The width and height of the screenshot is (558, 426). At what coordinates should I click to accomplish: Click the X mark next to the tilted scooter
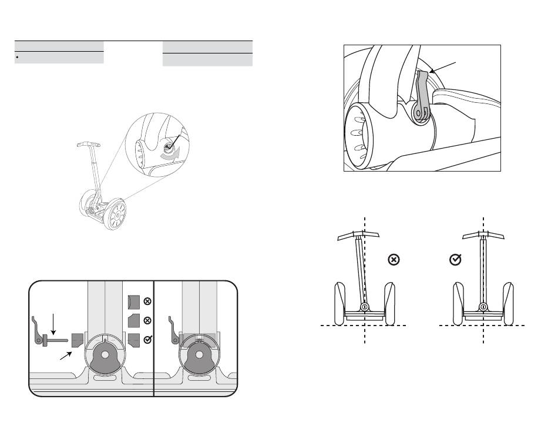[394, 259]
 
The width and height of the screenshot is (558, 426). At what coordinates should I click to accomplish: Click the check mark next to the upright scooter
[454, 259]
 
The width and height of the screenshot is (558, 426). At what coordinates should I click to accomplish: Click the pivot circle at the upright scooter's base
[483, 307]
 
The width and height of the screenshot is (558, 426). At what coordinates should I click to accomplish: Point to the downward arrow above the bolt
[53, 323]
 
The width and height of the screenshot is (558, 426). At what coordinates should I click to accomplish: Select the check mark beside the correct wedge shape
[147, 338]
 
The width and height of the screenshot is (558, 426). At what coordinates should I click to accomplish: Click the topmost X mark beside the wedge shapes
[147, 301]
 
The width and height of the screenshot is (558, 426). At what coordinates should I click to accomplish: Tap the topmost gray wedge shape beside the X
[133, 301]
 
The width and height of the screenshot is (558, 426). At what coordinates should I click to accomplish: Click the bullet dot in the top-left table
[18, 58]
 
